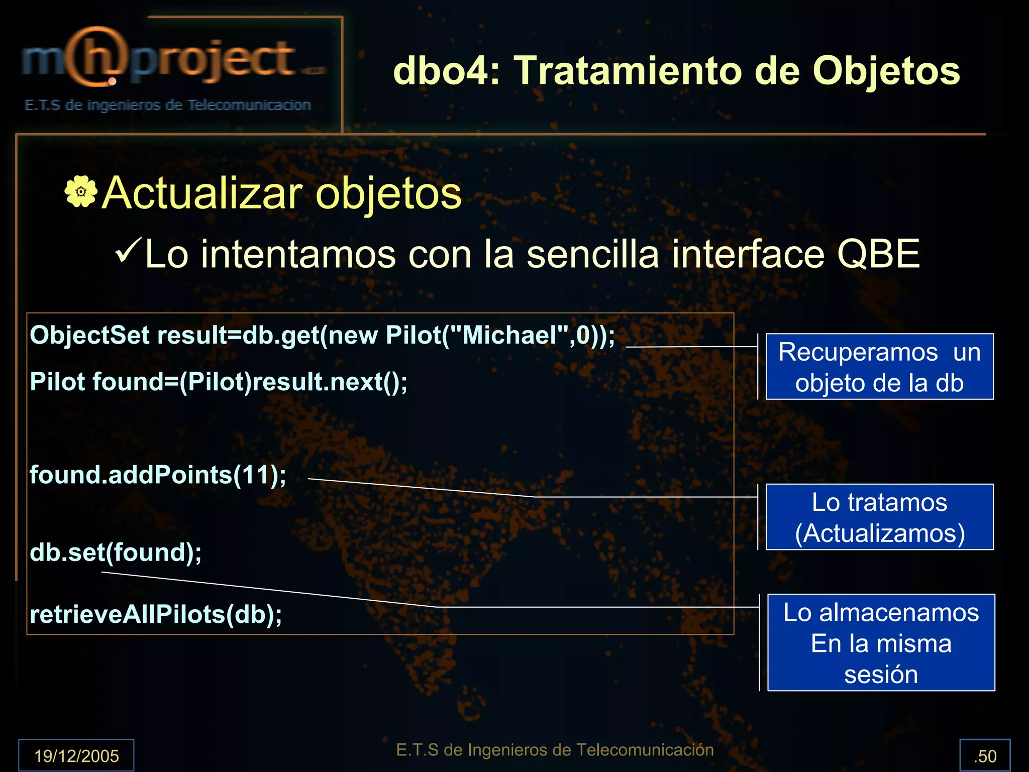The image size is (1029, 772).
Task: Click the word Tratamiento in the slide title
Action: pyautogui.click(x=628, y=71)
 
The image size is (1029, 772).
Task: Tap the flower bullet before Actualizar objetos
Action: pyautogui.click(x=80, y=191)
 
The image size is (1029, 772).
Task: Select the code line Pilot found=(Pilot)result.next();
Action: pyautogui.click(x=219, y=382)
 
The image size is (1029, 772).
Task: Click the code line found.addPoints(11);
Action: pyautogui.click(x=158, y=475)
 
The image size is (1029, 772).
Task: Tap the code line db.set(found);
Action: pyautogui.click(x=116, y=553)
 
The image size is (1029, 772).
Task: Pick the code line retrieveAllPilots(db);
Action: pyautogui.click(x=156, y=614)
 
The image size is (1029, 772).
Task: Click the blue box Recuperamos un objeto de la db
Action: pyautogui.click(x=879, y=367)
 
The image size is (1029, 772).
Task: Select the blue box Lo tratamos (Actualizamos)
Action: pyautogui.click(x=879, y=517)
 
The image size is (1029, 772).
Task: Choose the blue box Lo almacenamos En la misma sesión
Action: pyautogui.click(x=881, y=642)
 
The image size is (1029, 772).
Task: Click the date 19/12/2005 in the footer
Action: pyautogui.click(x=76, y=755)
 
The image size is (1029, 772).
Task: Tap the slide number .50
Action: pyautogui.click(x=985, y=756)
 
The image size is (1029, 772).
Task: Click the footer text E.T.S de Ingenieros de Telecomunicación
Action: pyautogui.click(x=555, y=750)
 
